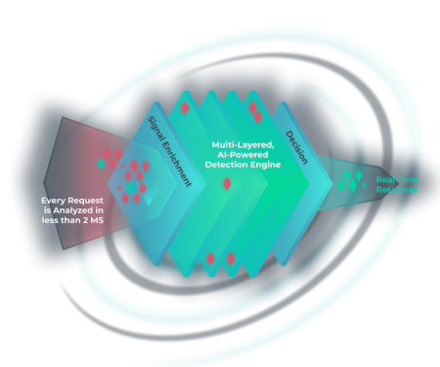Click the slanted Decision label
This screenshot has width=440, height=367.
click(x=297, y=146)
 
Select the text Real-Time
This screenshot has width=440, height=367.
click(x=396, y=179)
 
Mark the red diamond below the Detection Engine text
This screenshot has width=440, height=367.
click(x=227, y=184)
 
